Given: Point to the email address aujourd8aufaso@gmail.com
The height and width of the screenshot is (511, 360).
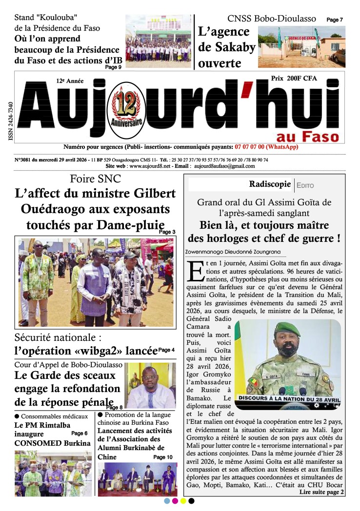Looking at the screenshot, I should (224, 166).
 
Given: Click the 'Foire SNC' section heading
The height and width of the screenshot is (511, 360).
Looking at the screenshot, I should (96, 178).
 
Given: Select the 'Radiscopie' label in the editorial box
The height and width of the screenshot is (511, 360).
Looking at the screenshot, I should (269, 184).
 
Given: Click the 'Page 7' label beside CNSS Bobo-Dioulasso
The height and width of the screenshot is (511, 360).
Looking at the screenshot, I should (334, 20).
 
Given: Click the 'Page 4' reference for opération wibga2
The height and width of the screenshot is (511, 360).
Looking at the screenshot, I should (166, 350).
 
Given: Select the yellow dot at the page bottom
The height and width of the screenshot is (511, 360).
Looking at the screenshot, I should (183, 501).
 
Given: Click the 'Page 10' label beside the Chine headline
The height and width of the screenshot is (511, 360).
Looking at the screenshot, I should (163, 457).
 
